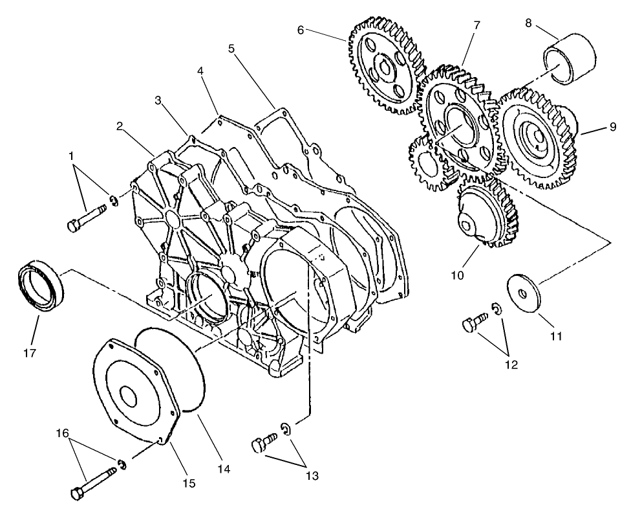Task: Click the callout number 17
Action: (30, 353)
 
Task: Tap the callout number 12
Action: (511, 365)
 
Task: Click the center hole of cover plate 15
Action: (126, 397)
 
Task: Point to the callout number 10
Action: (458, 275)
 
